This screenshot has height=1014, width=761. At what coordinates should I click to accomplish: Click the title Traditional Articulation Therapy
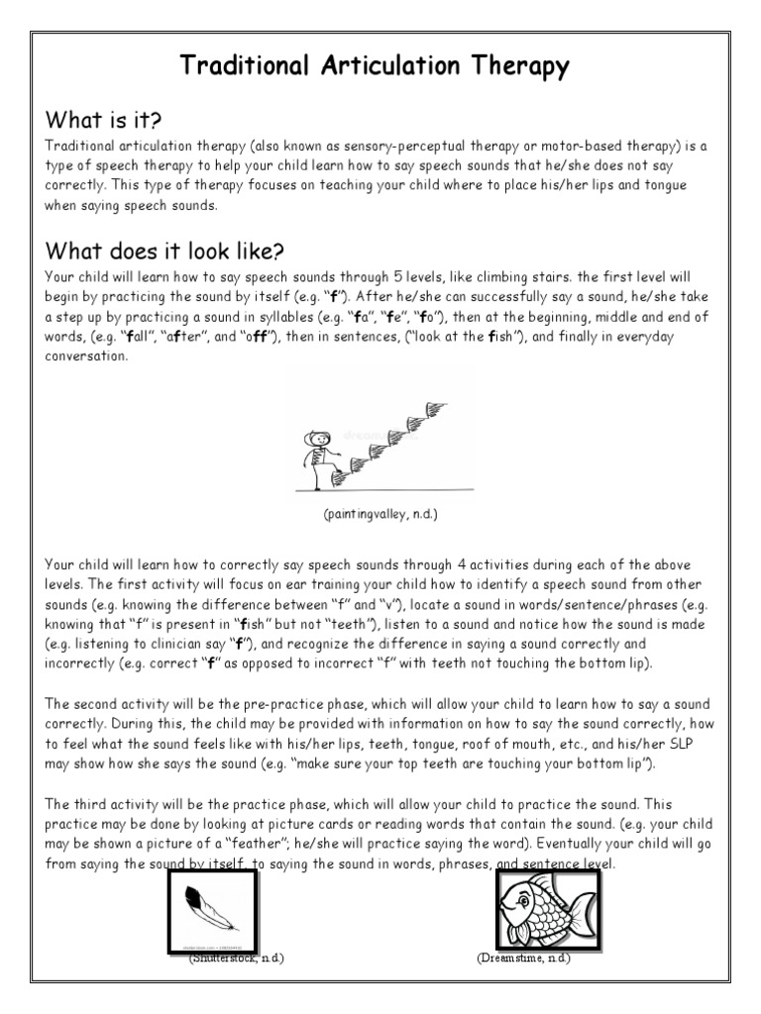tap(375, 66)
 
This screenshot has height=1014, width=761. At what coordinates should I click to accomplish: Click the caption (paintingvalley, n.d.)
tap(379, 516)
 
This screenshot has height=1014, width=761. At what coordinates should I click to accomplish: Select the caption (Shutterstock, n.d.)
tap(237, 960)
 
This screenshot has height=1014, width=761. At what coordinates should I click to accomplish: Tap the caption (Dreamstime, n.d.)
tap(523, 960)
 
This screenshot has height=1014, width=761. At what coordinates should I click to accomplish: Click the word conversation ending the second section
tap(87, 356)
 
